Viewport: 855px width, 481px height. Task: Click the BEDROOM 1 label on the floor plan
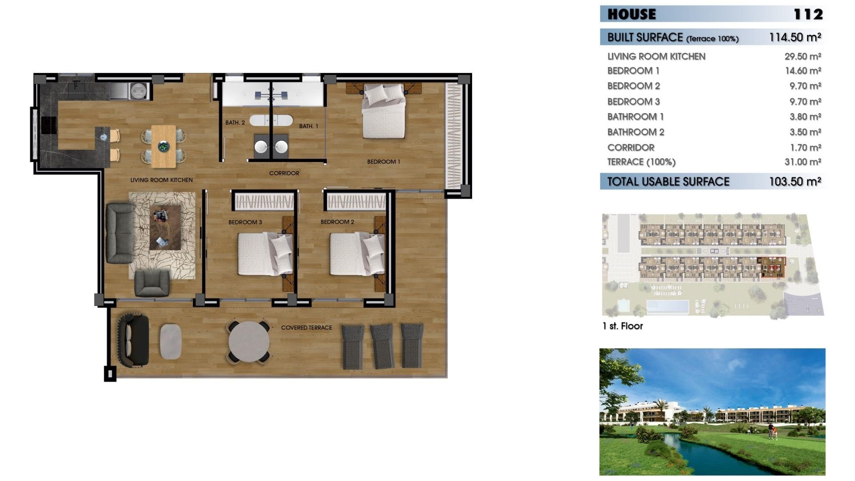383,162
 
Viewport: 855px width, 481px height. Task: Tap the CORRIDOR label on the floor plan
284,173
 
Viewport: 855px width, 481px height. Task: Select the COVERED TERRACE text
306,328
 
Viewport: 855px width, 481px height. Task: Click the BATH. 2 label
235,122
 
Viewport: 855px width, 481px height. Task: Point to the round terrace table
249,342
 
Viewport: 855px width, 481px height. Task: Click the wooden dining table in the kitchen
163,146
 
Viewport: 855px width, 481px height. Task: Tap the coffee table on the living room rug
165,228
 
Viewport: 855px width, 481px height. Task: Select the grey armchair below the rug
152,283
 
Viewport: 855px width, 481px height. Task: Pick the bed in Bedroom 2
357,254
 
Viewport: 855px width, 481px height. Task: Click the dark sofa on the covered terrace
133,340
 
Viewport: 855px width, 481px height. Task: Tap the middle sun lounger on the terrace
383,346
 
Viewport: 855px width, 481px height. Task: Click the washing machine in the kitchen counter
139,91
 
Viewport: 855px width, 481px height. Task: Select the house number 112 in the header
808,14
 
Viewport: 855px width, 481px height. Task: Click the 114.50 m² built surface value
795,37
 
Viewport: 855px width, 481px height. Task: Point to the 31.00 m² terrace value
802,162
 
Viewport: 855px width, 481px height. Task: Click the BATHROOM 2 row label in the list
635,132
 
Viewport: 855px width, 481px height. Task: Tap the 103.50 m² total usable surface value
795,182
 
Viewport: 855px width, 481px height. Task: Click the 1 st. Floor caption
623,326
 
